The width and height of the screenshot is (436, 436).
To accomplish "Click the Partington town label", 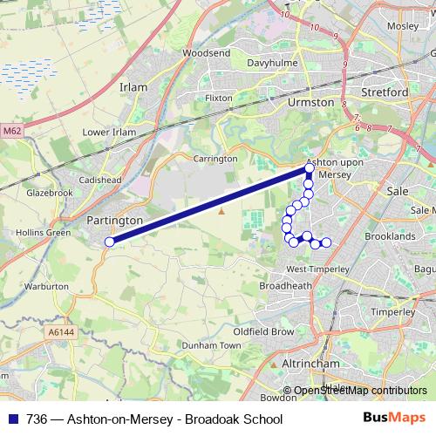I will [115, 221].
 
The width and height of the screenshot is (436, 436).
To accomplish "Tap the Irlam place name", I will [133, 88].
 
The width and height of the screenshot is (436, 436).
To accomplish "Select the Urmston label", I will [310, 102].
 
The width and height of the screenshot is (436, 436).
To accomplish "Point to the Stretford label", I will [384, 92].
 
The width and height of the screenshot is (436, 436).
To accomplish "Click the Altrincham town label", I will [310, 362].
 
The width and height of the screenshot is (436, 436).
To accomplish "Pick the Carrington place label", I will [215, 159].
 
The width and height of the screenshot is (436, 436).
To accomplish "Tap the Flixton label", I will [218, 99].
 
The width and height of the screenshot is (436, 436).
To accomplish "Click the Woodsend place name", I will [206, 53].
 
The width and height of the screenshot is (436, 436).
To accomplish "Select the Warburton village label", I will [46, 286].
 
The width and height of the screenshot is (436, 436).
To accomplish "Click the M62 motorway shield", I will [11, 131].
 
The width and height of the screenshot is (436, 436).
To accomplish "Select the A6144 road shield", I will [61, 332].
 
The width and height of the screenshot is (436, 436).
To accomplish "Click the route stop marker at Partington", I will [109, 242].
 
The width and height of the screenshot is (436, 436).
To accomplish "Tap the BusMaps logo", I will [402, 419].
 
